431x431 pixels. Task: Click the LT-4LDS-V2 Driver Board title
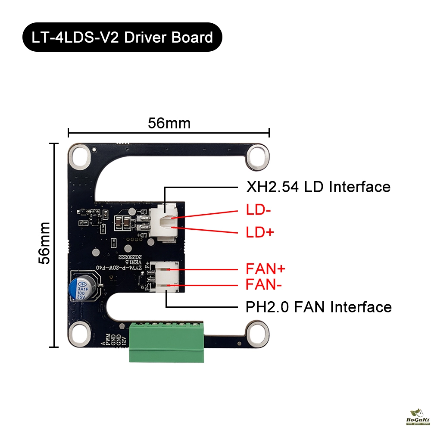[x=122, y=37]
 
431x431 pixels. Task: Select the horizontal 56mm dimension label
[x=169, y=123]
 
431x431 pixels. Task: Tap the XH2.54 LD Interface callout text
[x=318, y=187]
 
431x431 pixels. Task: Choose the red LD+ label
[x=259, y=233]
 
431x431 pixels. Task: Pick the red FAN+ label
[x=265, y=269]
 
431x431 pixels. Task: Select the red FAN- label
[x=264, y=284]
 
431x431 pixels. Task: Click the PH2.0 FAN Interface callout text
[x=319, y=307]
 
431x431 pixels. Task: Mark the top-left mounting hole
[x=80, y=156]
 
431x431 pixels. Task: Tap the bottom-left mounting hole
[x=80, y=333]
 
